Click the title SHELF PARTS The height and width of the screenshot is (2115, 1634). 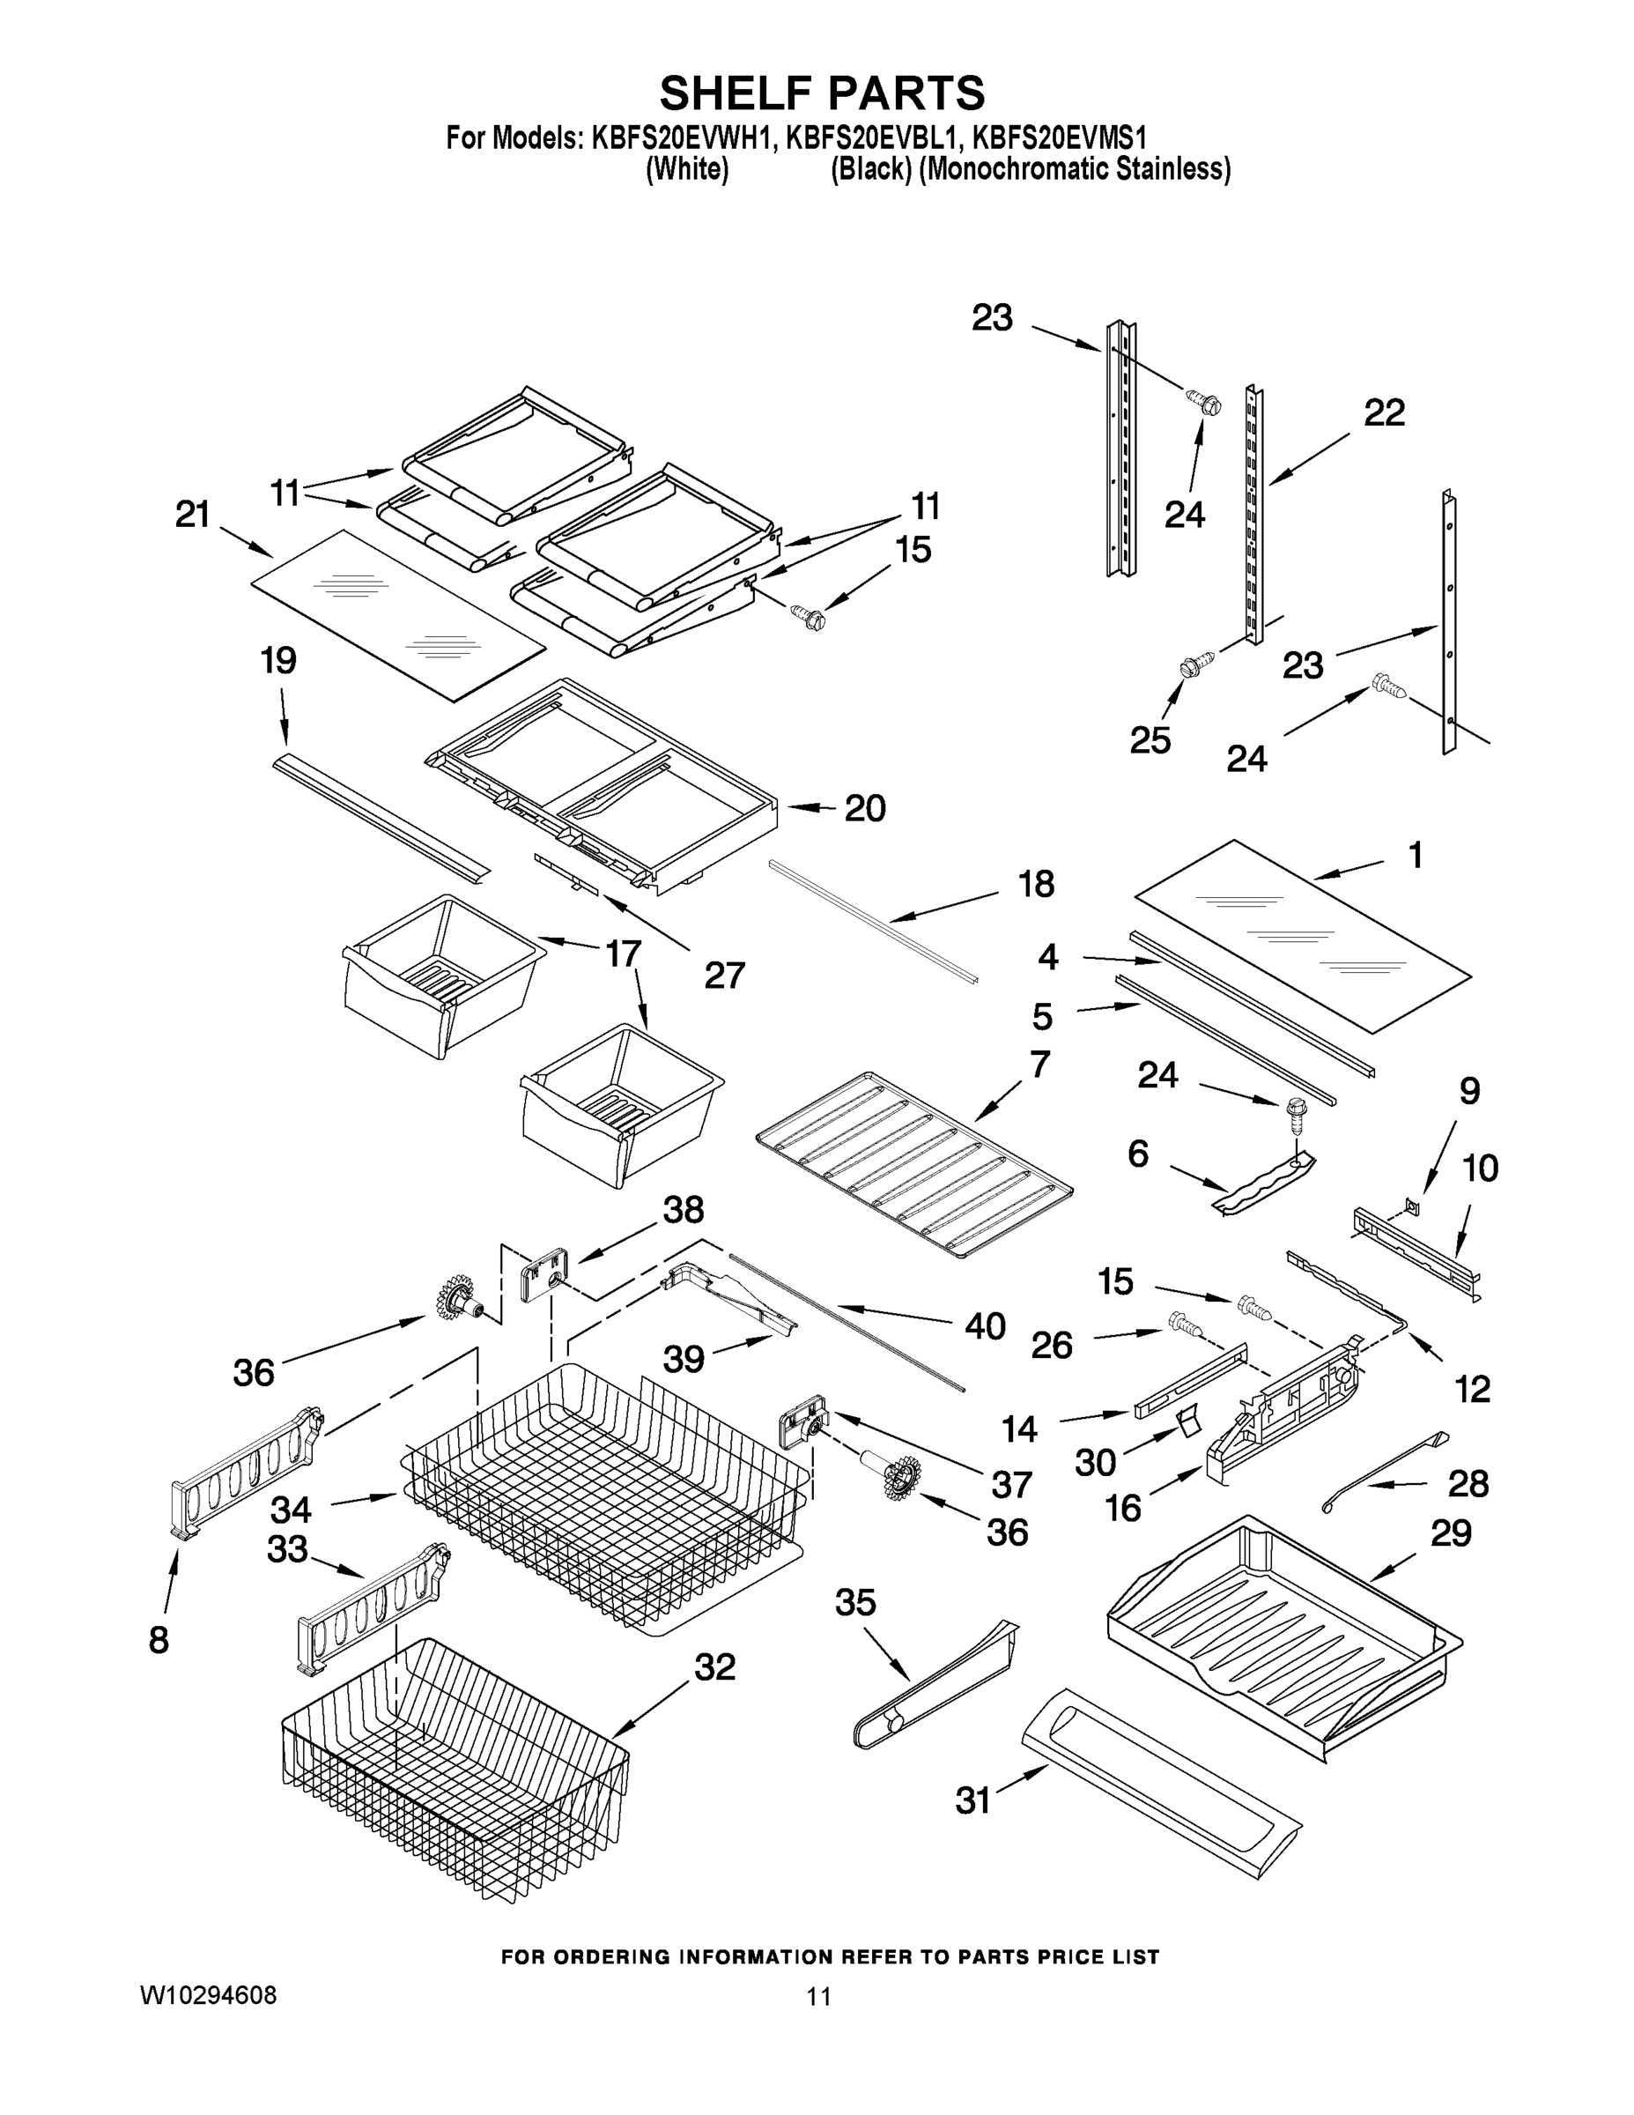click(x=822, y=94)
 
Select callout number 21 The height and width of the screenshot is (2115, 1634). click(x=193, y=516)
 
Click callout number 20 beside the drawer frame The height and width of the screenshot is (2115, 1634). click(x=864, y=807)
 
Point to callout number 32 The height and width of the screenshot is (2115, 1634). click(x=714, y=1666)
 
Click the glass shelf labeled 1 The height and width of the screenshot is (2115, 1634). click(x=1302, y=938)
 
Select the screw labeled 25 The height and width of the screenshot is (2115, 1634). click(x=1191, y=667)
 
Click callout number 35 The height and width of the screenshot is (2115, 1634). click(x=854, y=1603)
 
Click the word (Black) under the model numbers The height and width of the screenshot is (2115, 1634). click(x=871, y=169)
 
